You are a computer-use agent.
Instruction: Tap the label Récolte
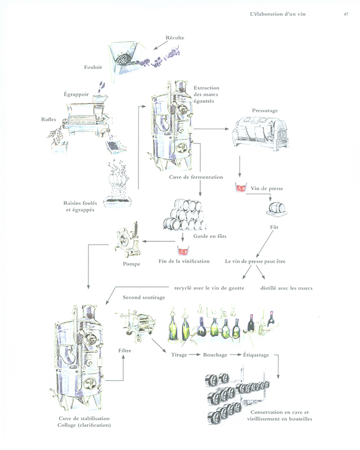click(174, 38)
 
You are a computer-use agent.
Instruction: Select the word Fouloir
click(93, 66)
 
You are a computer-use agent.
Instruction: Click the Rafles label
click(48, 119)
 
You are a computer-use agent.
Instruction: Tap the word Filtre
click(125, 351)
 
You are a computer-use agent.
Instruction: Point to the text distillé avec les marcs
click(286, 288)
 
